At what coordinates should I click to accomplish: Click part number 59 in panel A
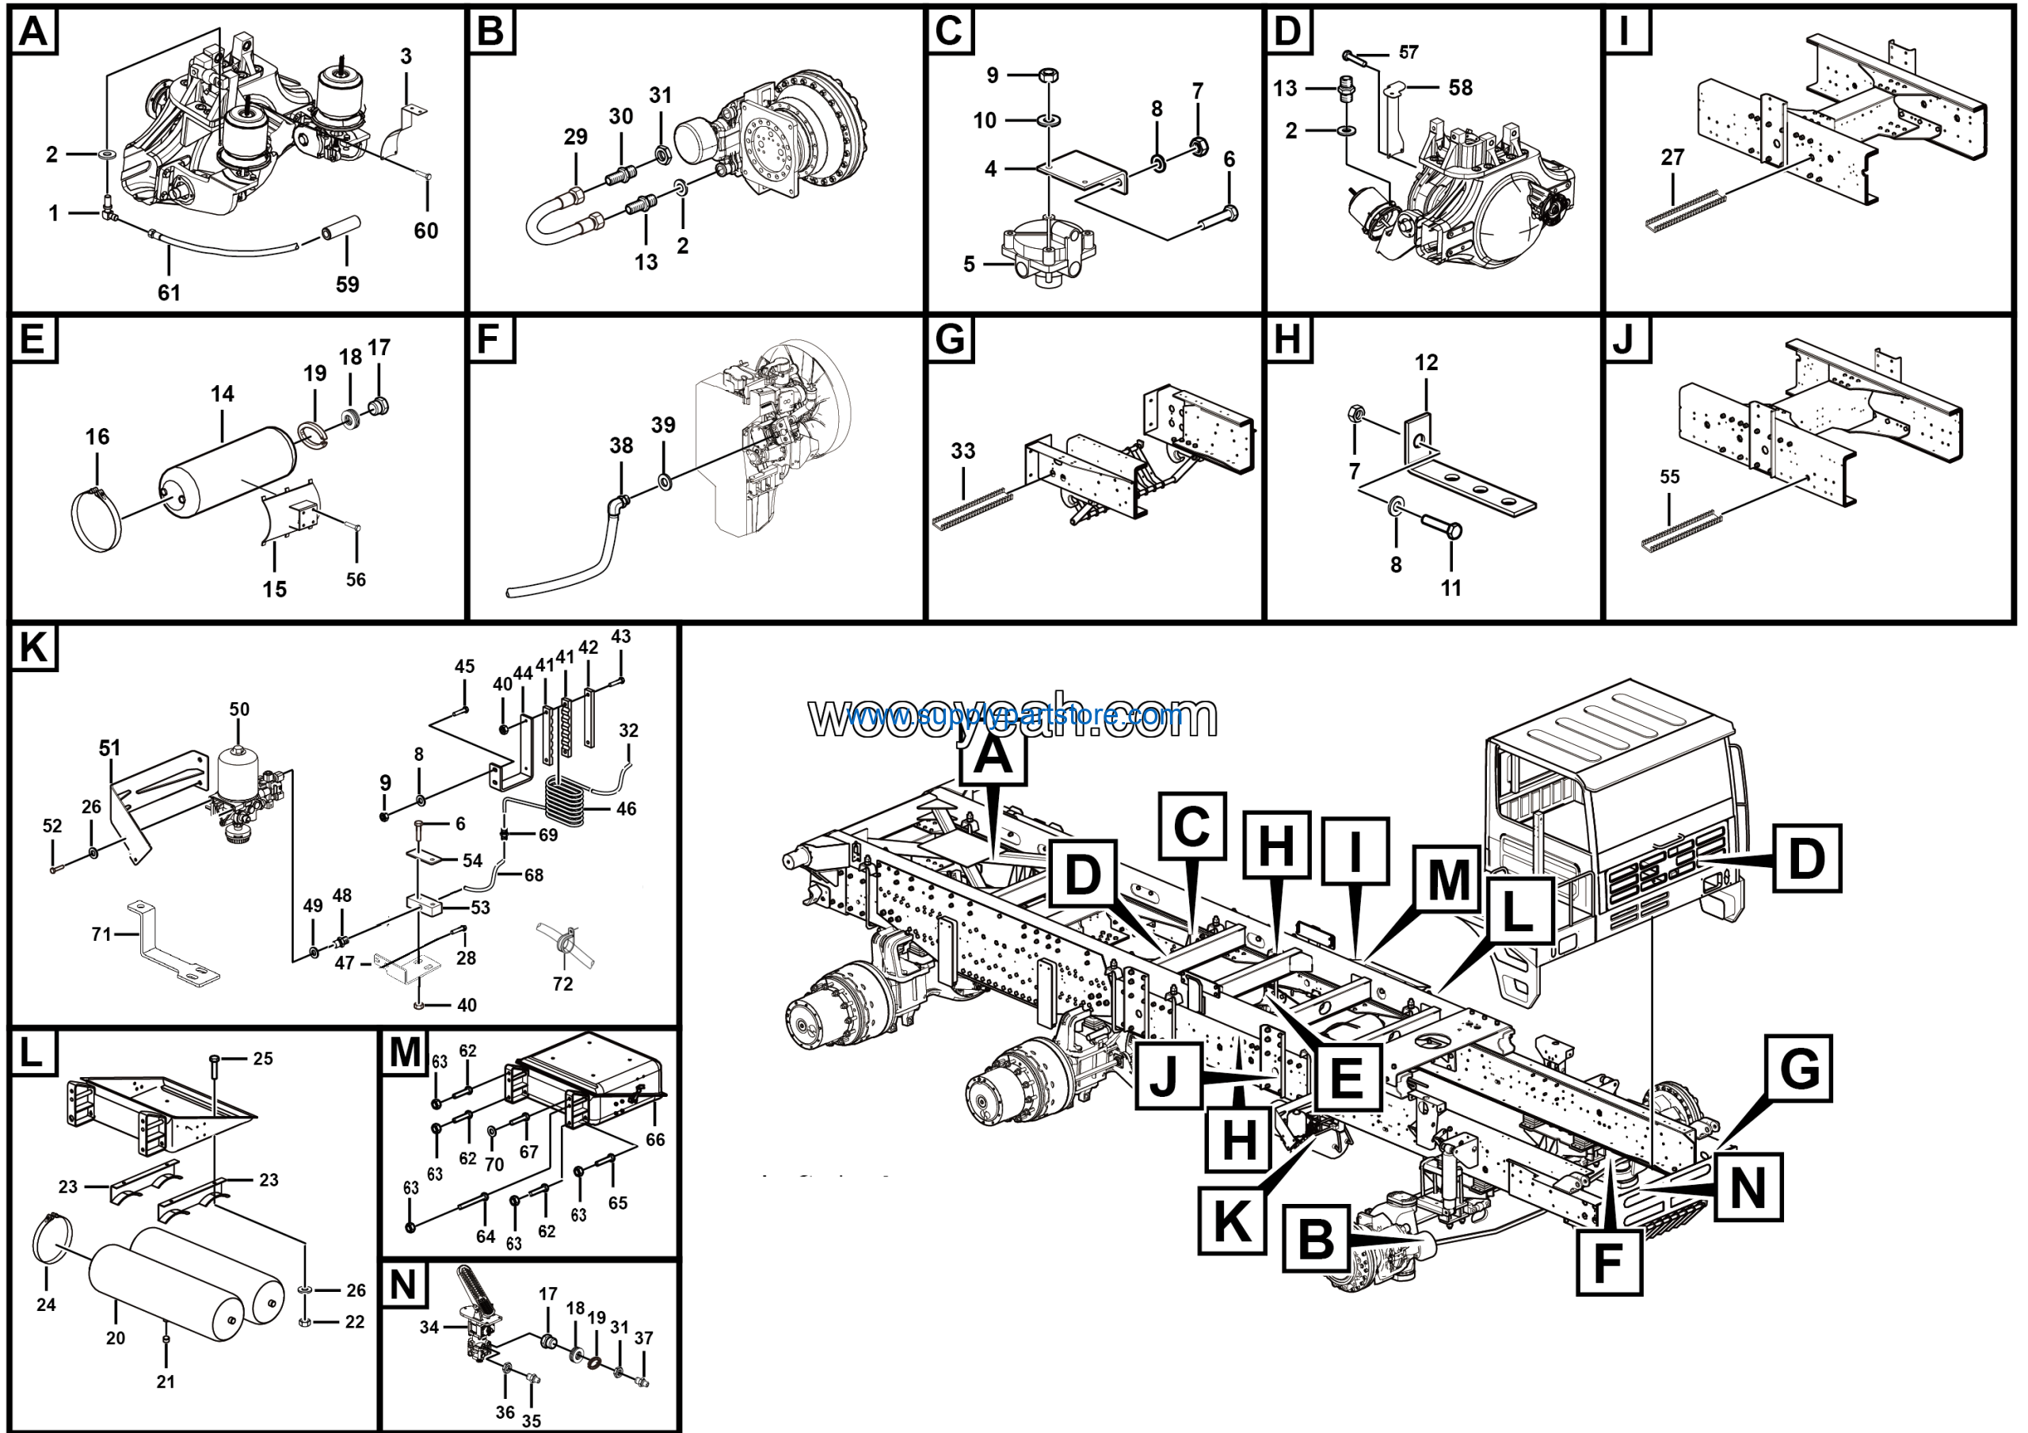tap(347, 285)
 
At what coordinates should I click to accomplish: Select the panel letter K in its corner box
tap(32, 648)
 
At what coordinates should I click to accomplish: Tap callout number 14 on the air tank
tap(222, 394)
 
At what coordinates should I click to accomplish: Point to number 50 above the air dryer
tap(239, 709)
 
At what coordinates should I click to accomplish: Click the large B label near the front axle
tap(1316, 1239)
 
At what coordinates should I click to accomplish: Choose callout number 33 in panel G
tap(963, 452)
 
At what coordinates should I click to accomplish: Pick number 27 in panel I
tap(1673, 157)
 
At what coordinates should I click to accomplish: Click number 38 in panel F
tap(621, 445)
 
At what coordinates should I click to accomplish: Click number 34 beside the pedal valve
tap(429, 1328)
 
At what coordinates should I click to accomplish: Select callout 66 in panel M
tap(654, 1140)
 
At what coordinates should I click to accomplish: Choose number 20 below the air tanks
tap(116, 1339)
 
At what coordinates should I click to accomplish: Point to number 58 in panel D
tap(1460, 87)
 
